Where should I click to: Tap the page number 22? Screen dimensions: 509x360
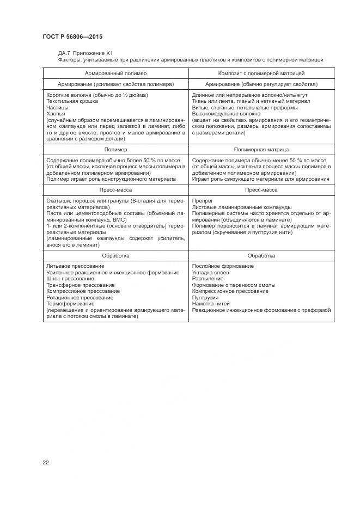coord(46,462)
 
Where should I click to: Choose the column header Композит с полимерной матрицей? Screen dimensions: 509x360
coord(261,72)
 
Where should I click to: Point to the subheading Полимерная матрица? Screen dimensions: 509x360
coord(261,149)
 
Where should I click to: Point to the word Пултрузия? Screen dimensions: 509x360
coord(204,297)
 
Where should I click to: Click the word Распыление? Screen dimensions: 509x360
coord(208,278)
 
